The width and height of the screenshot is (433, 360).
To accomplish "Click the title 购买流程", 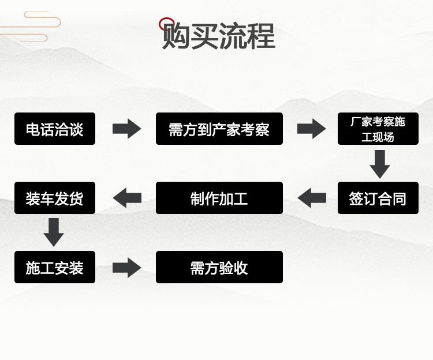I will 219,36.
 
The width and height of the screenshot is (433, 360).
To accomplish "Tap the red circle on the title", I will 166,24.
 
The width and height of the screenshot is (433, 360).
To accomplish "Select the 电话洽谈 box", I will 55,129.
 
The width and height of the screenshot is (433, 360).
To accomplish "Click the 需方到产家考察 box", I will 219,129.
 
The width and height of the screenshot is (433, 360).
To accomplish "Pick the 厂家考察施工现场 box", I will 378,129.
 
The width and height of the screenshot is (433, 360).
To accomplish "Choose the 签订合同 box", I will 378,198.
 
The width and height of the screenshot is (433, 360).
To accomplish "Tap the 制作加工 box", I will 219,198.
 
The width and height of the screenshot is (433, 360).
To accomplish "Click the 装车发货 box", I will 55,198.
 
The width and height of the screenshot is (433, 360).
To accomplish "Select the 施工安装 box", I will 55,267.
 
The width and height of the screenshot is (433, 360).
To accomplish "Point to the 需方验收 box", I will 219,267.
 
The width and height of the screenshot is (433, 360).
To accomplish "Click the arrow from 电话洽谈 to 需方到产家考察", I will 126,129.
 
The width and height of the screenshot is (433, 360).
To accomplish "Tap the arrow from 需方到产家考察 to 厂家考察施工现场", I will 311,129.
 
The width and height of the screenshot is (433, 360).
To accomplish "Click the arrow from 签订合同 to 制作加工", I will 312,198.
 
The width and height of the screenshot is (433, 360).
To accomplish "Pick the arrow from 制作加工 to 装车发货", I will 127,198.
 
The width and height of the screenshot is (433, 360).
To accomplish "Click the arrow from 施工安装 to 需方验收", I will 126,267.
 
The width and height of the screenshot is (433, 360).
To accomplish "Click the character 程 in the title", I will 261,36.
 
